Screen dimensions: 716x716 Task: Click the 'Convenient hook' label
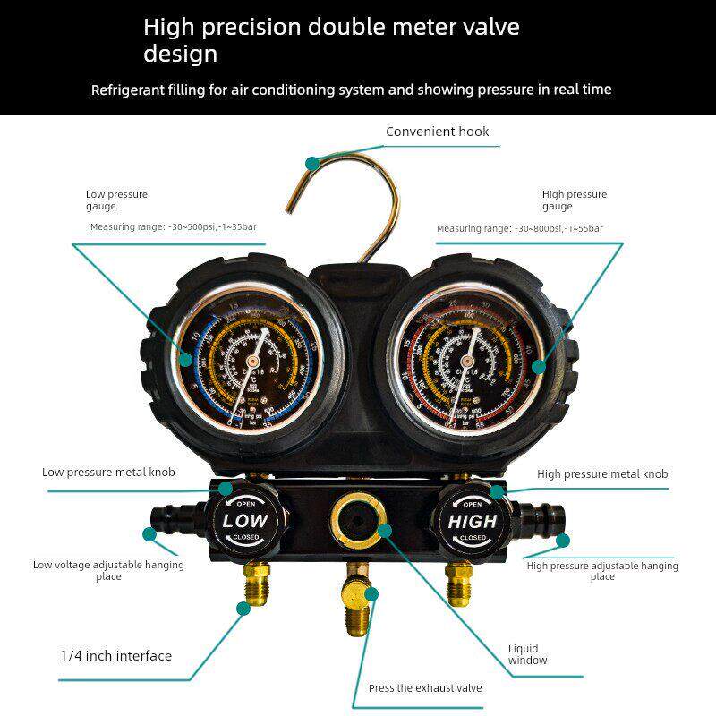pyautogui.click(x=437, y=132)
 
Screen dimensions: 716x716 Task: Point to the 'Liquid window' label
pyautogui.click(x=527, y=654)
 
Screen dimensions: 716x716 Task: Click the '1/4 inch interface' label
pyautogui.click(x=115, y=656)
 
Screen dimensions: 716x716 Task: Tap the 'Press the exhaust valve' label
pyautogui.click(x=425, y=688)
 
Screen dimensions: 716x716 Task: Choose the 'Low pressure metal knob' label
pyautogui.click(x=108, y=472)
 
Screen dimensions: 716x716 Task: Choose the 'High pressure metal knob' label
pyautogui.click(x=602, y=473)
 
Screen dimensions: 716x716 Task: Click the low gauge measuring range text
pyautogui.click(x=173, y=227)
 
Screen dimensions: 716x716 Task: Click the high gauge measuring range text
pyautogui.click(x=519, y=229)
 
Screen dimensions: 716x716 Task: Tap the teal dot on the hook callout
pyautogui.click(x=311, y=163)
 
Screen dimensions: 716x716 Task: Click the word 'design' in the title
pyautogui.click(x=180, y=54)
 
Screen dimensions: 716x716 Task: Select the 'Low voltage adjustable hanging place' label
pyautogui.click(x=108, y=570)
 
